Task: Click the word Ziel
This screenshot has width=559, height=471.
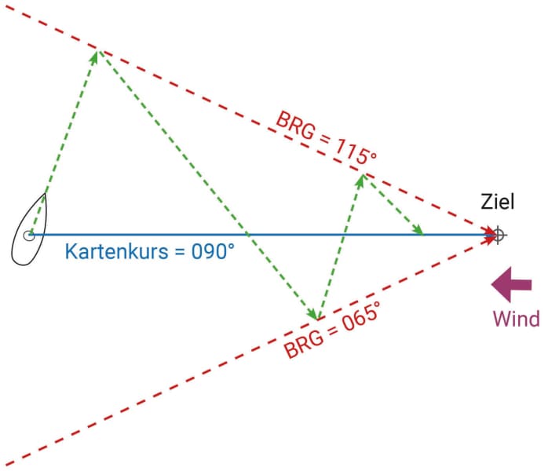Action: [x=497, y=203]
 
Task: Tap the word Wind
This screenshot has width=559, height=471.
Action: [x=516, y=318]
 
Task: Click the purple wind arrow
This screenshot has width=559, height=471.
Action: [x=511, y=285]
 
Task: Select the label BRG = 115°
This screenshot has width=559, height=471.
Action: [x=325, y=141]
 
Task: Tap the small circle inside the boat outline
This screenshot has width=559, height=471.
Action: [x=29, y=234]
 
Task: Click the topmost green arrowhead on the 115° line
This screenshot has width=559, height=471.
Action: [x=97, y=55]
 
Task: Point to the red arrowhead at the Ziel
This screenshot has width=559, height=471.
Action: [x=490, y=234]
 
